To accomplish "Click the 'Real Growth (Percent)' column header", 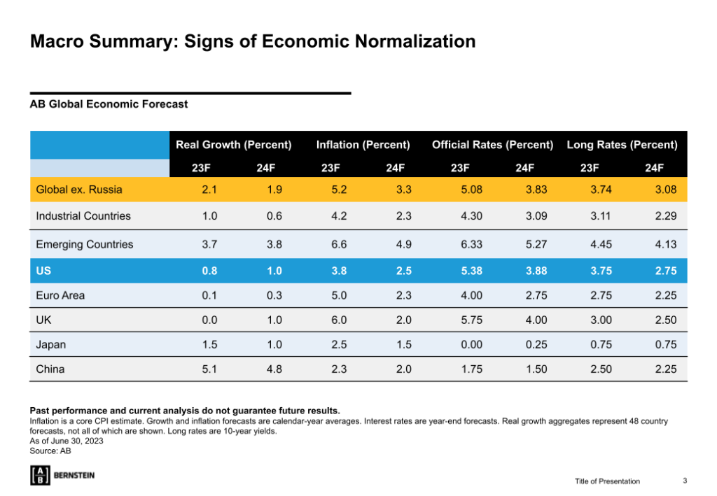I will coord(233,145).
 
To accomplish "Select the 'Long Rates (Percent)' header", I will coord(622,145).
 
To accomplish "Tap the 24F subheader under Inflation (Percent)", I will coord(395,167).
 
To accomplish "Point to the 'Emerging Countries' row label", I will coord(85,244).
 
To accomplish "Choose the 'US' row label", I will coord(43,270).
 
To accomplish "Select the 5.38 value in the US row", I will coord(472,270).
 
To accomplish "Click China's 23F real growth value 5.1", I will coord(209,369).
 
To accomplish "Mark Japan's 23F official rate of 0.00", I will coord(472,344).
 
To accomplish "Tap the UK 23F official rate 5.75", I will coord(472,320).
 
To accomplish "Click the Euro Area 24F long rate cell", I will coord(665,295).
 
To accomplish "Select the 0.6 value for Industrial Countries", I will coord(274,216).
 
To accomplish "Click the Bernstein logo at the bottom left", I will coord(62,475).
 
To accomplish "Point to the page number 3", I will coord(685,481).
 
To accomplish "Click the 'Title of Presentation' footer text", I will coord(607,481).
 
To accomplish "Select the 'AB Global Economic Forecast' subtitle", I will coord(109,104).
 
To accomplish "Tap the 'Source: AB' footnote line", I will coord(50,451).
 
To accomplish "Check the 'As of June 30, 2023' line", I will coord(67,441).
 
